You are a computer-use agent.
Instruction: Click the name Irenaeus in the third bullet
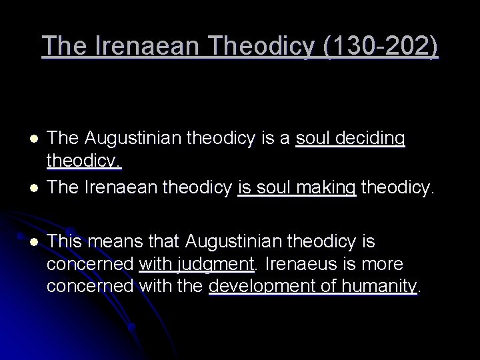click(301, 264)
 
